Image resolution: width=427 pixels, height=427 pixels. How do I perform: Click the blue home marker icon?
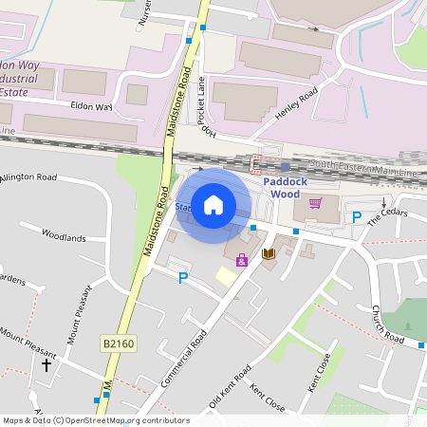[x=213, y=204]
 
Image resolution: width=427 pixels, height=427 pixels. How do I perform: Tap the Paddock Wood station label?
[x=286, y=187]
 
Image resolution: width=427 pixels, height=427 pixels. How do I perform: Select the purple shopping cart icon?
[x=315, y=202]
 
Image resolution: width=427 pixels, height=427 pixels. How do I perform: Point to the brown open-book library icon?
[x=269, y=254]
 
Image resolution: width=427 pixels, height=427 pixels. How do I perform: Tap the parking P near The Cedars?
[x=357, y=217]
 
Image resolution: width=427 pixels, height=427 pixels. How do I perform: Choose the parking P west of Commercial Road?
[x=183, y=277]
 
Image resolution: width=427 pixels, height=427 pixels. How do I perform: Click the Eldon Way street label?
[x=90, y=107]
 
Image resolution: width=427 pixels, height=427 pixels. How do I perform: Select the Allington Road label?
[x=28, y=177]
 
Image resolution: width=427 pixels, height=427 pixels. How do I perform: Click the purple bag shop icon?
[x=241, y=260]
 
